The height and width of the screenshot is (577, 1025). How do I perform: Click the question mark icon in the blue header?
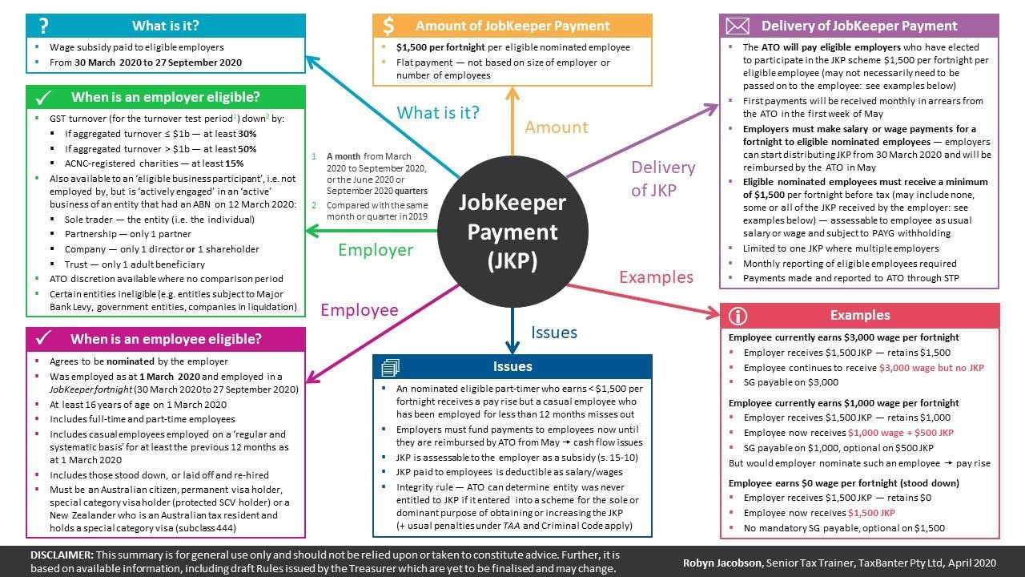43,26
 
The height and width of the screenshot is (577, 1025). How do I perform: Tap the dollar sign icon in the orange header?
388,26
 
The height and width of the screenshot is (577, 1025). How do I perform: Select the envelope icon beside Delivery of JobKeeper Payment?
738,26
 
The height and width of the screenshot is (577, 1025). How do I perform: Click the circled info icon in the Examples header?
738,316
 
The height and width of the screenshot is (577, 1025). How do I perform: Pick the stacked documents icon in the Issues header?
390,367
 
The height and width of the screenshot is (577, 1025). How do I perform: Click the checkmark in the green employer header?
43,98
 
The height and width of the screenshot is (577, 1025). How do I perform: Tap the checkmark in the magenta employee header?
43,338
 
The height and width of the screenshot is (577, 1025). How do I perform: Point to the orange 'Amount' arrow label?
556,127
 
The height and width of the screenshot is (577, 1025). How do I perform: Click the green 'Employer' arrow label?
376,250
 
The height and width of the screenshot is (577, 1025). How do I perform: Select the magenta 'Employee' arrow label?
360,310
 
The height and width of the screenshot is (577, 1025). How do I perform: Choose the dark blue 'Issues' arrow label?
553,333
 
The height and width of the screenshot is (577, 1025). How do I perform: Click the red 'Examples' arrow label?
656,277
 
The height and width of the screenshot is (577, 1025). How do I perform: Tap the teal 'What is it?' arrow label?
438,112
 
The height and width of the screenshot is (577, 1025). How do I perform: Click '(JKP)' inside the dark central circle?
512,261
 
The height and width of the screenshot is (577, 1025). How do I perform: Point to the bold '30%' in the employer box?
247,134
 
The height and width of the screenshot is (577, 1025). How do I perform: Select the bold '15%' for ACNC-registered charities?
234,163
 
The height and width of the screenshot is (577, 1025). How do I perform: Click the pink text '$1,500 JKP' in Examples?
871,513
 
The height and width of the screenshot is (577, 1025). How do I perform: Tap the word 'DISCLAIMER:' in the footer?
62,555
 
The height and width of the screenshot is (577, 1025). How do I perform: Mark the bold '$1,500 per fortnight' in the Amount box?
440,47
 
